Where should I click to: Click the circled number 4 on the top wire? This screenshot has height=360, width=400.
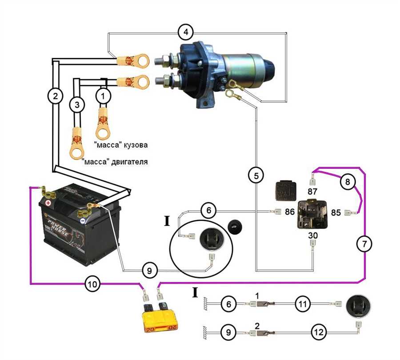(185, 32)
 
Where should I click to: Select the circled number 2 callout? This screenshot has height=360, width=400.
(55, 96)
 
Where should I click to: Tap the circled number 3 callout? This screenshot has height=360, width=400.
(77, 105)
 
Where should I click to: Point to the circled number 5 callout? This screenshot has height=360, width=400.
(256, 175)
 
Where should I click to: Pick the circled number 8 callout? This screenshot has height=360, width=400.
(348, 181)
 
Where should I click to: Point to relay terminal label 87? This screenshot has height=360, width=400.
(312, 191)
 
